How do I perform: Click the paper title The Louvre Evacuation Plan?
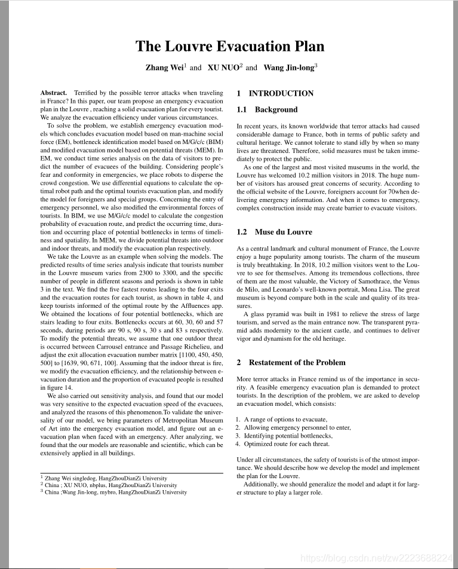click(x=229, y=47)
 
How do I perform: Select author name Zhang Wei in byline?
click(x=164, y=68)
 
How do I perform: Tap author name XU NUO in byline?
click(x=223, y=68)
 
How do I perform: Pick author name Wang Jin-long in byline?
click(x=288, y=68)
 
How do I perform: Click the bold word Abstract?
click(x=53, y=93)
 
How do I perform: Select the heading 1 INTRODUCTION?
click(x=275, y=93)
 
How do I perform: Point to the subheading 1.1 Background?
click(x=267, y=110)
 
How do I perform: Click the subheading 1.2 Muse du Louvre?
click(x=274, y=231)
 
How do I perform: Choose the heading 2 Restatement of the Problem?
click(x=291, y=362)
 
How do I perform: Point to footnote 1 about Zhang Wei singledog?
click(x=106, y=478)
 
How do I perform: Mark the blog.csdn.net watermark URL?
click(x=377, y=558)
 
